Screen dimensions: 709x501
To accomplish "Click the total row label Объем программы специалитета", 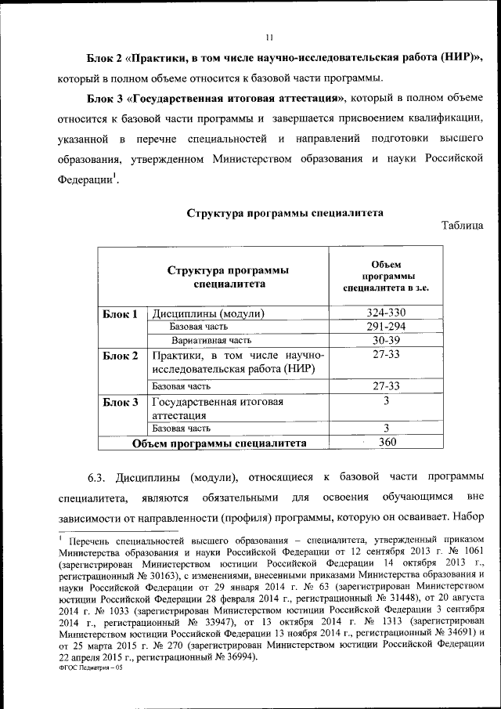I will coord(218,443).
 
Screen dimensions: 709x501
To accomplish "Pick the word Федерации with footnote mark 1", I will coord(85,180).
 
